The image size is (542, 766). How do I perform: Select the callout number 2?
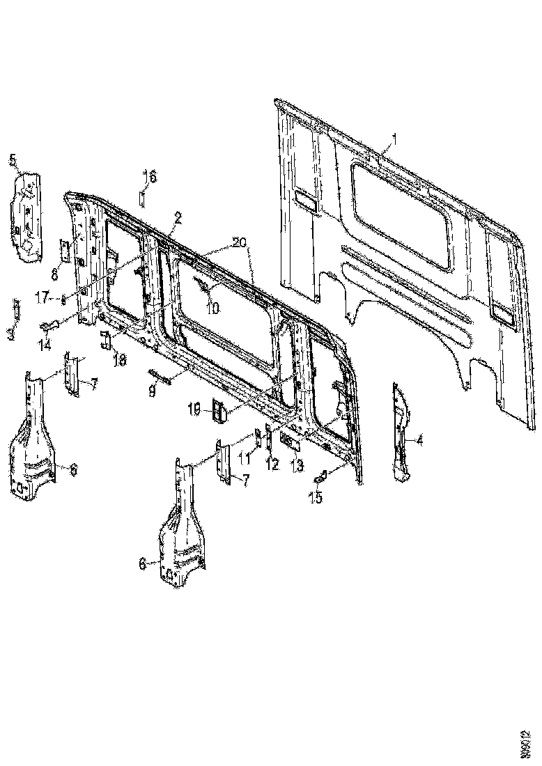pos(178,218)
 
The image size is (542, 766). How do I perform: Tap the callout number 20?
pos(238,243)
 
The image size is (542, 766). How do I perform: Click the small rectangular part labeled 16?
pos(140,199)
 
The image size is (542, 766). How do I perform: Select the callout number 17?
pos(43,297)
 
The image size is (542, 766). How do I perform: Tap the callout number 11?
pos(244,457)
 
